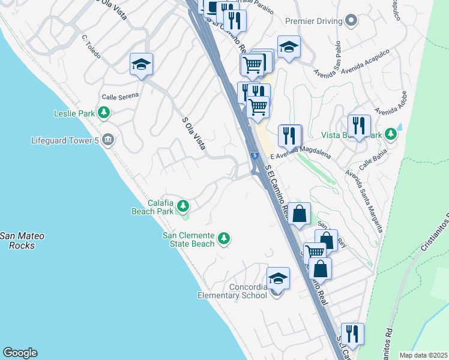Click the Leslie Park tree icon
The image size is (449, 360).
click(x=104, y=112)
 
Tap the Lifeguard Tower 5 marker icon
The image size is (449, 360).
click(x=107, y=140)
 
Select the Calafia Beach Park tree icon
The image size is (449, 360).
click(x=183, y=207)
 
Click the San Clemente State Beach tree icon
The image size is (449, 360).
click(x=224, y=239)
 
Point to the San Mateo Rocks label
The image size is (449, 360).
click(x=17, y=241)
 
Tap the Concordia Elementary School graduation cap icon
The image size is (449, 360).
click(x=278, y=278)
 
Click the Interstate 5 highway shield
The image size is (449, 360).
click(x=255, y=156)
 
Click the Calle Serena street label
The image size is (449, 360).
click(x=120, y=96)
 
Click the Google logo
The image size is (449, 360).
click(x=20, y=353)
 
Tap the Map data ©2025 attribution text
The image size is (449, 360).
click(x=423, y=355)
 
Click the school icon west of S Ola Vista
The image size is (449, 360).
click(x=142, y=64)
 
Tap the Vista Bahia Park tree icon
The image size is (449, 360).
click(x=391, y=134)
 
